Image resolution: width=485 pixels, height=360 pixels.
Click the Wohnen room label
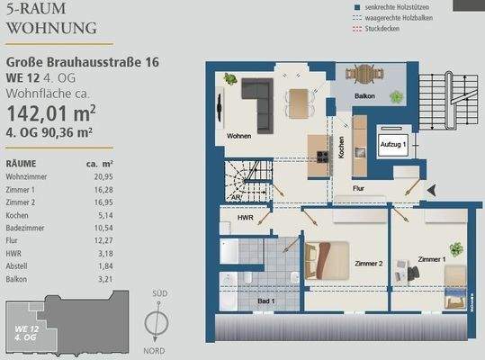pos(238,136)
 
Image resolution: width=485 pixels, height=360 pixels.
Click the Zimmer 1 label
pos(434,259)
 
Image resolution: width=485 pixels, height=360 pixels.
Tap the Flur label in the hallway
pos(357,189)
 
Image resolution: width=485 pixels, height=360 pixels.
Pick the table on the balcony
pos(364,74)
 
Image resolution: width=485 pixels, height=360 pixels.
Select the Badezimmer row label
pos(28,229)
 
